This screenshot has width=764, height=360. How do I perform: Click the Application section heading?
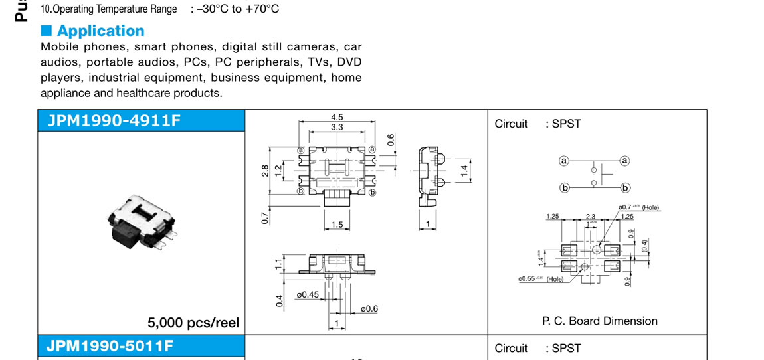click(x=100, y=31)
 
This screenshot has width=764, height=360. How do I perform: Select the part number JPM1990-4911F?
click(x=114, y=120)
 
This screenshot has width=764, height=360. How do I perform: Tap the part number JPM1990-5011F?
click(x=110, y=345)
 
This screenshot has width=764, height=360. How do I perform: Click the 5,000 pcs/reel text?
click(x=193, y=323)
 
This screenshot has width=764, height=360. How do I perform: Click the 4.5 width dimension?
click(x=336, y=117)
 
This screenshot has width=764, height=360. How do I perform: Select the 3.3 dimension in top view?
click(x=336, y=126)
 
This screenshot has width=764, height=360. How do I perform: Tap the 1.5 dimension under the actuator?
click(x=337, y=225)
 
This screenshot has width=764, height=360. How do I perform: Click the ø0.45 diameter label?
click(x=307, y=295)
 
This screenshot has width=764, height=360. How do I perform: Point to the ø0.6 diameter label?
click(x=369, y=308)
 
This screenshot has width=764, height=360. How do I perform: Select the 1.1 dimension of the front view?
click(x=280, y=264)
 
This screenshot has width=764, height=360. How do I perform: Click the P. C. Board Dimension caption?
click(x=599, y=321)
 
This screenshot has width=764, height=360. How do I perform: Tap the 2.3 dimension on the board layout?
click(x=591, y=217)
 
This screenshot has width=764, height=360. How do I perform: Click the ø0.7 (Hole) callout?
click(x=638, y=207)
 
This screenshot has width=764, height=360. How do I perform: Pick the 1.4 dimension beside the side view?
click(x=465, y=171)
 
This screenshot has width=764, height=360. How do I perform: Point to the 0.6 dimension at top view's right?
click(x=391, y=140)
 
